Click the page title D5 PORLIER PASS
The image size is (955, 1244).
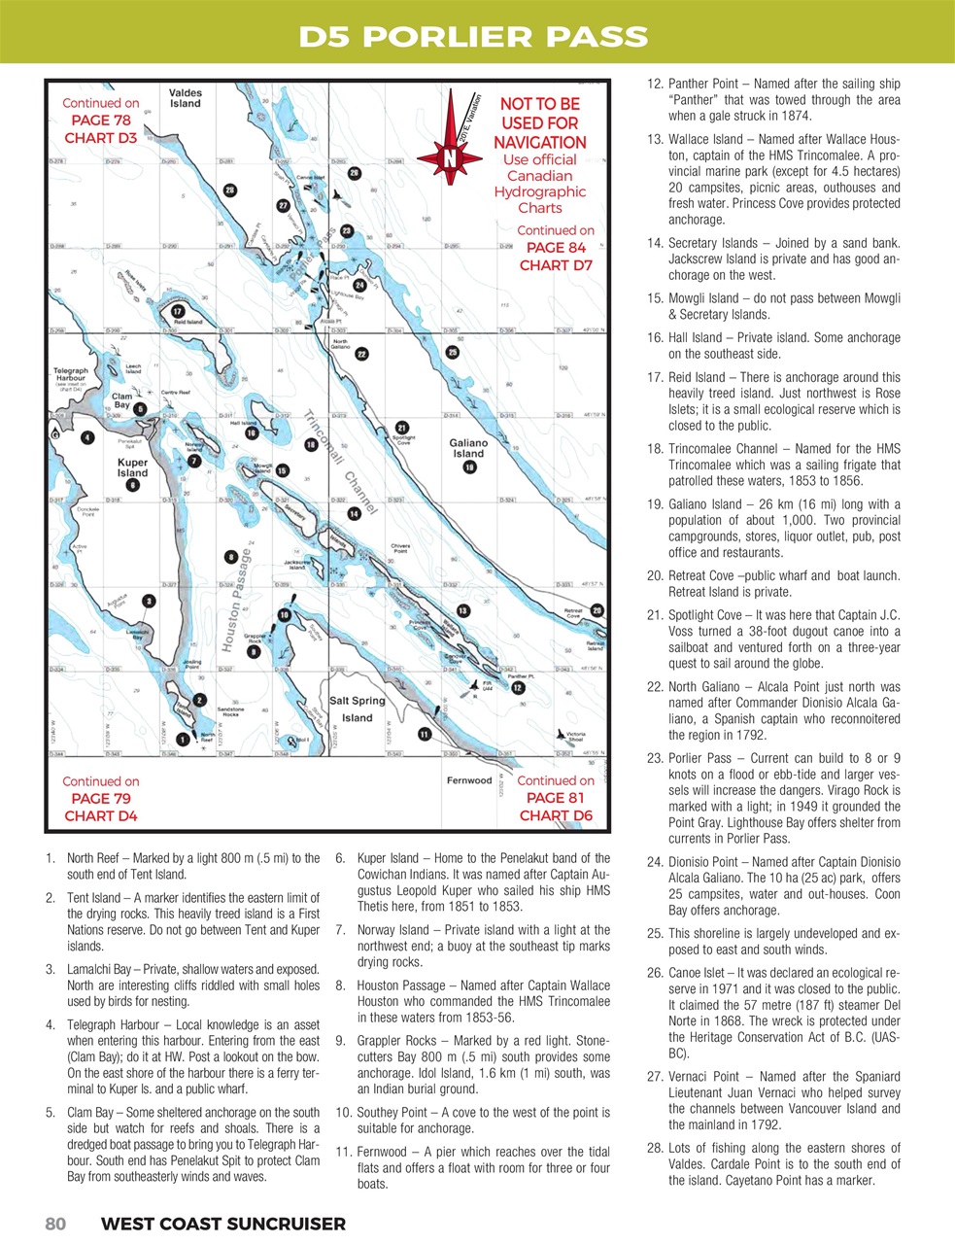pos(473,37)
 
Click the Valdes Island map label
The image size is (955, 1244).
pos(185,98)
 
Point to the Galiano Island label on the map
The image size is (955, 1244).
pos(468,448)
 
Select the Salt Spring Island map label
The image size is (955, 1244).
pos(357,708)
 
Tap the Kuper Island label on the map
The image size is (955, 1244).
pos(132,467)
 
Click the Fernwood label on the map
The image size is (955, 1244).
pos(469,780)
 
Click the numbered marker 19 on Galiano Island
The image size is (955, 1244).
pos(469,466)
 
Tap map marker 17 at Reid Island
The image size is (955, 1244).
pos(178,310)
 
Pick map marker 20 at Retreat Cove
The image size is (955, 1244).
pos(597,610)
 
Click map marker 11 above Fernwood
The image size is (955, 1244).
pos(425,734)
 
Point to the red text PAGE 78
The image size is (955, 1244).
pos(100,121)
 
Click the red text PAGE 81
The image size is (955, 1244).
pos(556,798)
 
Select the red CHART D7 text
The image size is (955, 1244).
pos(556,265)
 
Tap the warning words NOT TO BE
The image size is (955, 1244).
pos(539,104)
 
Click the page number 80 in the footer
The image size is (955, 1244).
pos(55,1224)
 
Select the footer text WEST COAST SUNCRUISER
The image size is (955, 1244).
pos(222,1224)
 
